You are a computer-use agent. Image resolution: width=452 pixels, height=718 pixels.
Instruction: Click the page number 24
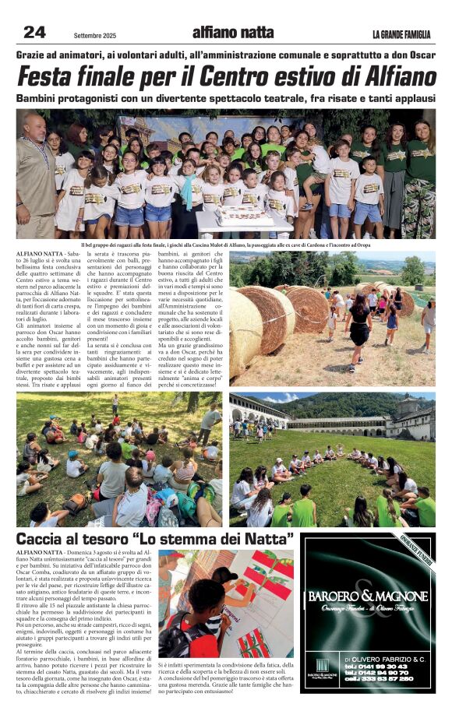(34, 32)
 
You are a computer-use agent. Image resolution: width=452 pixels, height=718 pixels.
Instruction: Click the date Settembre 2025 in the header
(96, 35)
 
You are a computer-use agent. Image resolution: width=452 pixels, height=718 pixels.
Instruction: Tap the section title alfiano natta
(233, 32)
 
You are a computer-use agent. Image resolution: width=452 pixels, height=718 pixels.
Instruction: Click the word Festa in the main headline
(59, 77)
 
